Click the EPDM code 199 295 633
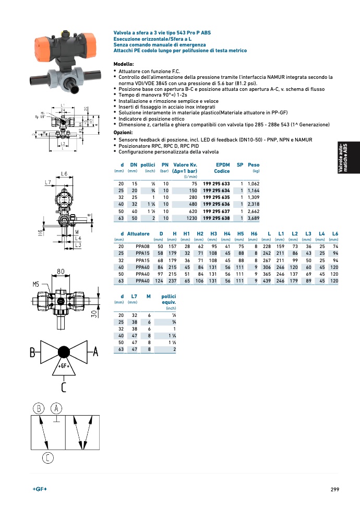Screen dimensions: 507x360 coord(216,184)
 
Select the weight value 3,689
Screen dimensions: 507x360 coord(253,217)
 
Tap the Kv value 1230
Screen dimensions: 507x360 coord(190,217)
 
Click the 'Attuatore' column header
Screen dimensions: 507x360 coord(138,233)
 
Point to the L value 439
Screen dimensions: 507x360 coord(267,280)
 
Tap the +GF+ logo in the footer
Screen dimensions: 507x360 coord(40,489)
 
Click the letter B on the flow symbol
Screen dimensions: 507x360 coord(33,353)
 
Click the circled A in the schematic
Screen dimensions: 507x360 coord(57,408)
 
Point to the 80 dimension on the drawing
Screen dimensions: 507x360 coord(61,272)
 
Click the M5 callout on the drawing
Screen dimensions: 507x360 coord(36,285)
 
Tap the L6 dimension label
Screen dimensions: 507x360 coord(64,174)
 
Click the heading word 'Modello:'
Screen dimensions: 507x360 coord(123,64)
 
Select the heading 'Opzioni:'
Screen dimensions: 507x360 coord(123,133)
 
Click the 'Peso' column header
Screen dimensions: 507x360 coord(254,164)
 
